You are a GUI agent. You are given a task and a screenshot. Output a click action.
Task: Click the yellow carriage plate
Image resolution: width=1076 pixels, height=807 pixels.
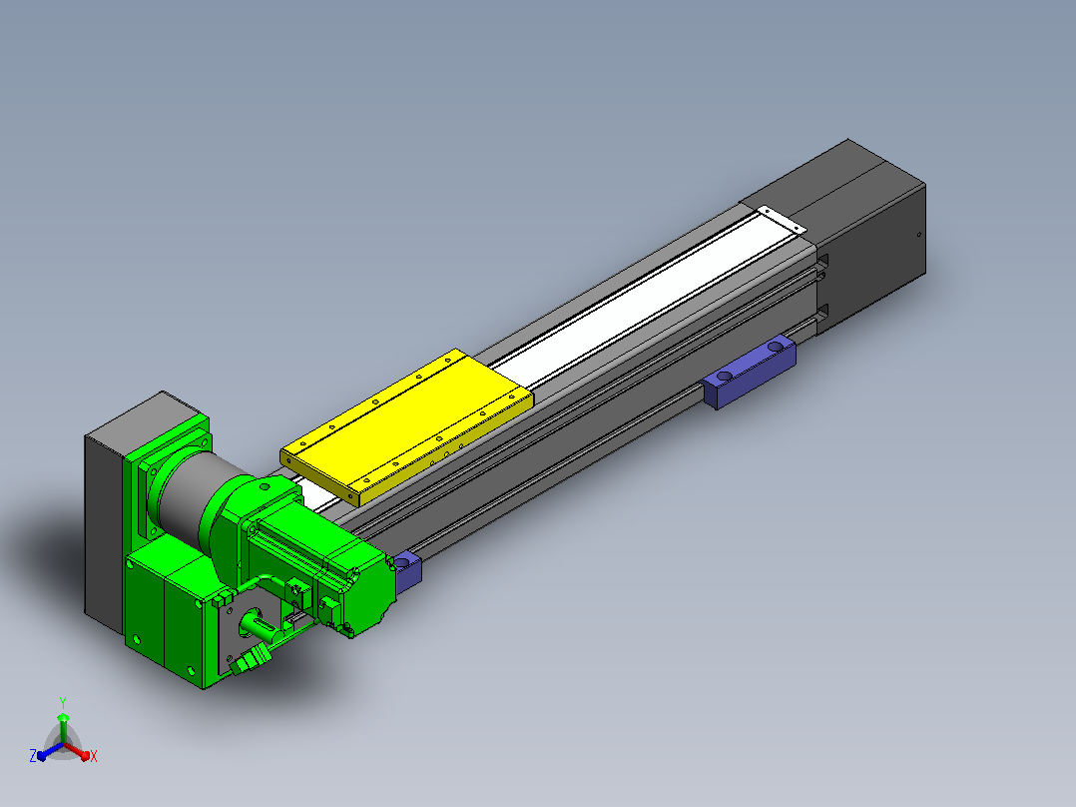(407, 427)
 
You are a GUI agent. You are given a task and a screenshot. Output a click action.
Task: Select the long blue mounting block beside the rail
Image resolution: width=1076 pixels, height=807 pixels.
(750, 372)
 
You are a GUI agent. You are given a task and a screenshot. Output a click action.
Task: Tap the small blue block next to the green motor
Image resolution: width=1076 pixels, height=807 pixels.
(407, 570)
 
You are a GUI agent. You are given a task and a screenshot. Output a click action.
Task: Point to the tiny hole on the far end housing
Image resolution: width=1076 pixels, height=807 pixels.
(919, 235)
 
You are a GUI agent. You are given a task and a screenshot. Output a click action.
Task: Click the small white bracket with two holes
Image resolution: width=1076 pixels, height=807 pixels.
(781, 220)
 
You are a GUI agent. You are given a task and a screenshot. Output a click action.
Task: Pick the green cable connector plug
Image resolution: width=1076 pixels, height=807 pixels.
(252, 660)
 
